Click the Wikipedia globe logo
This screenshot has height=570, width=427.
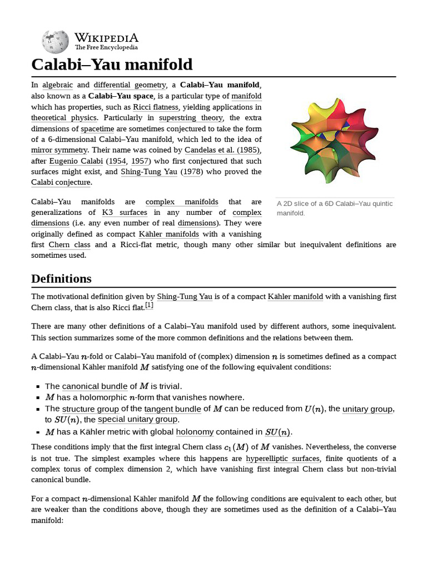coord(55,42)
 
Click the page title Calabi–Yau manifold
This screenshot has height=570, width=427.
coord(112,65)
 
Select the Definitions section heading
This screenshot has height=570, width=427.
coord(61,278)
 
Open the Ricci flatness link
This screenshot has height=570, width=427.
coord(156,107)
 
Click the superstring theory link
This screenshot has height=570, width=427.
coord(191,117)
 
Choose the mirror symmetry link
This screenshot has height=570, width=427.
coord(59,150)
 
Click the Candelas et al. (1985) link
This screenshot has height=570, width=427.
coord(222,150)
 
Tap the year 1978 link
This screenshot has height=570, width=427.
coord(192,171)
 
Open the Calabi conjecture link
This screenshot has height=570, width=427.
coord(61,182)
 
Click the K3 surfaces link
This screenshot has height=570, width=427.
coord(125,212)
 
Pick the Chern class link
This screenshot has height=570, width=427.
coord(69,244)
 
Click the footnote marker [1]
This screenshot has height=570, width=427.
coord(149,306)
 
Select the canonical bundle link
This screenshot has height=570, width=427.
coord(95,386)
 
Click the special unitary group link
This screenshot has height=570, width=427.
coord(138,419)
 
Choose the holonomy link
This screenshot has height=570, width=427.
coord(195,431)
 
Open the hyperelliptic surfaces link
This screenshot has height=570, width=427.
coord(282,458)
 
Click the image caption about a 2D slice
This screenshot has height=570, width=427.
coord(334,208)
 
